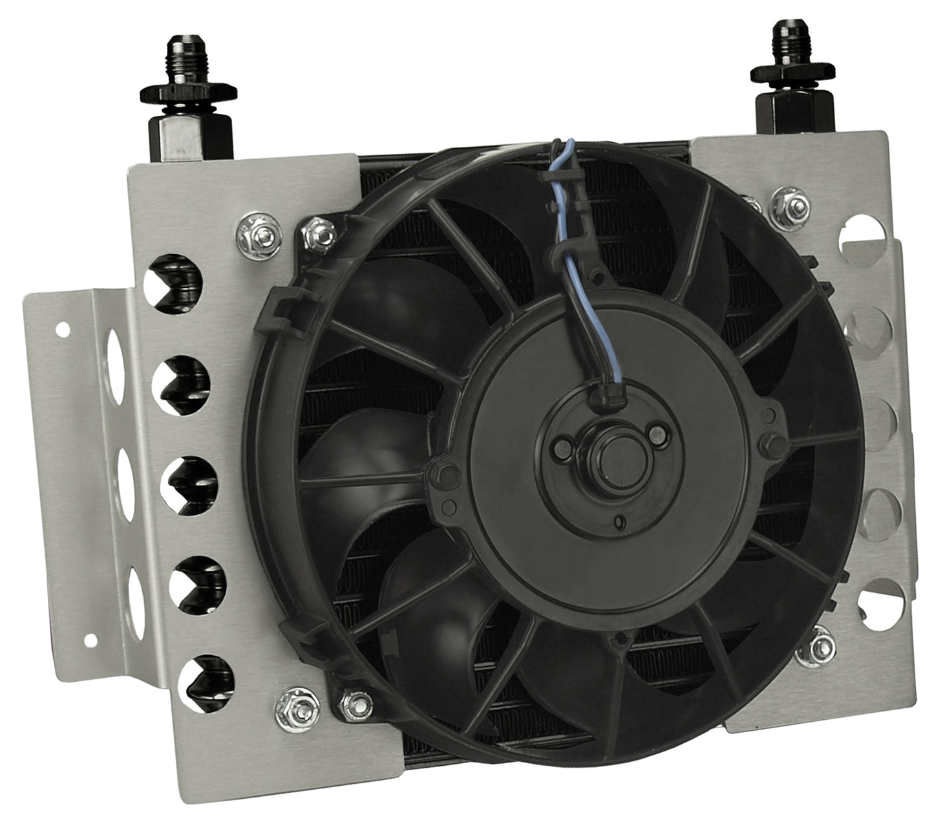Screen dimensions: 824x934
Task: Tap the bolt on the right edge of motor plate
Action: [769, 442]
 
